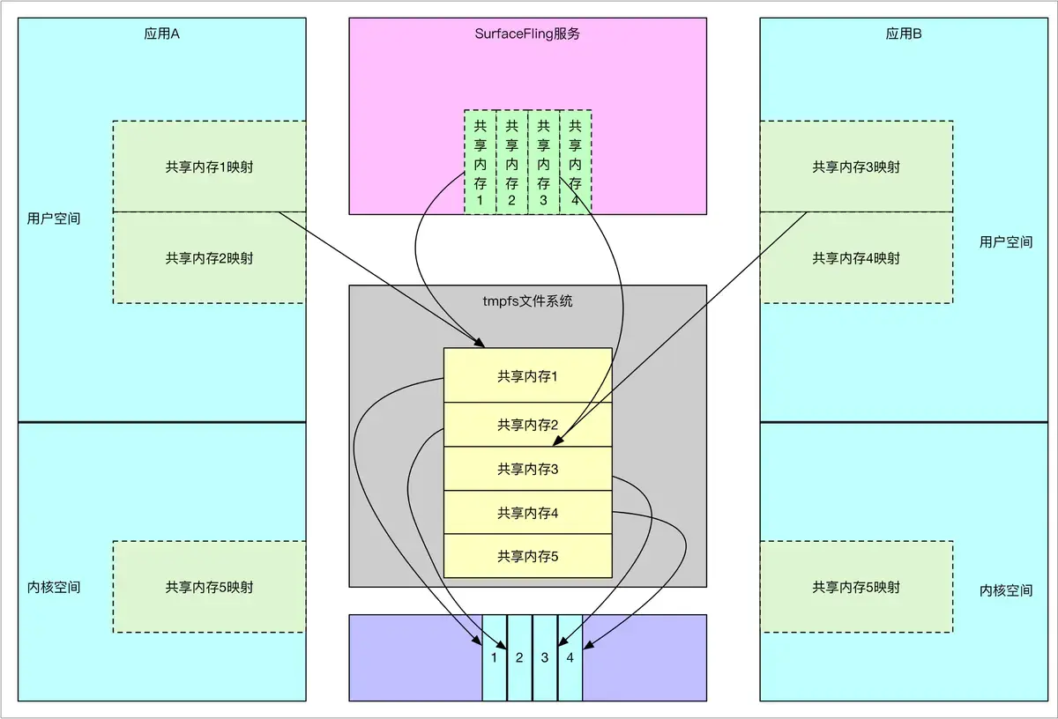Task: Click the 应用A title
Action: click(x=161, y=34)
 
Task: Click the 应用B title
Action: click(x=904, y=34)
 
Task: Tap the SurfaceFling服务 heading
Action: click(x=527, y=34)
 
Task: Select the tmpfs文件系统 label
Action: click(x=527, y=300)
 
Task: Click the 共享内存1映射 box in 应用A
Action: click(x=209, y=167)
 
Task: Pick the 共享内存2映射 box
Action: click(x=209, y=258)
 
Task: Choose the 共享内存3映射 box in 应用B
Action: click(x=856, y=167)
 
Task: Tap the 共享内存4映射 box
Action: click(x=856, y=258)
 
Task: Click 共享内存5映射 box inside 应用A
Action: click(x=209, y=587)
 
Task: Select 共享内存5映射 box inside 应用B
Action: click(x=856, y=587)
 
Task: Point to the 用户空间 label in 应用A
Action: click(x=54, y=218)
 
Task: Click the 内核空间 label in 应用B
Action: click(x=1006, y=590)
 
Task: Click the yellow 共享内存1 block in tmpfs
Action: click(x=527, y=376)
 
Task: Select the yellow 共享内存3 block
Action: click(x=527, y=470)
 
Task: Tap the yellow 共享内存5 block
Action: click(x=527, y=556)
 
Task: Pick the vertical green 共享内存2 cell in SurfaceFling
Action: click(x=511, y=162)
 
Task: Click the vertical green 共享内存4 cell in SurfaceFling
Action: click(x=576, y=162)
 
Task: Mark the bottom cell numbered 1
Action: click(x=495, y=657)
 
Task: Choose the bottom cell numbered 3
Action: click(x=545, y=657)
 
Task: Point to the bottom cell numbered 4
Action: click(x=570, y=657)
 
